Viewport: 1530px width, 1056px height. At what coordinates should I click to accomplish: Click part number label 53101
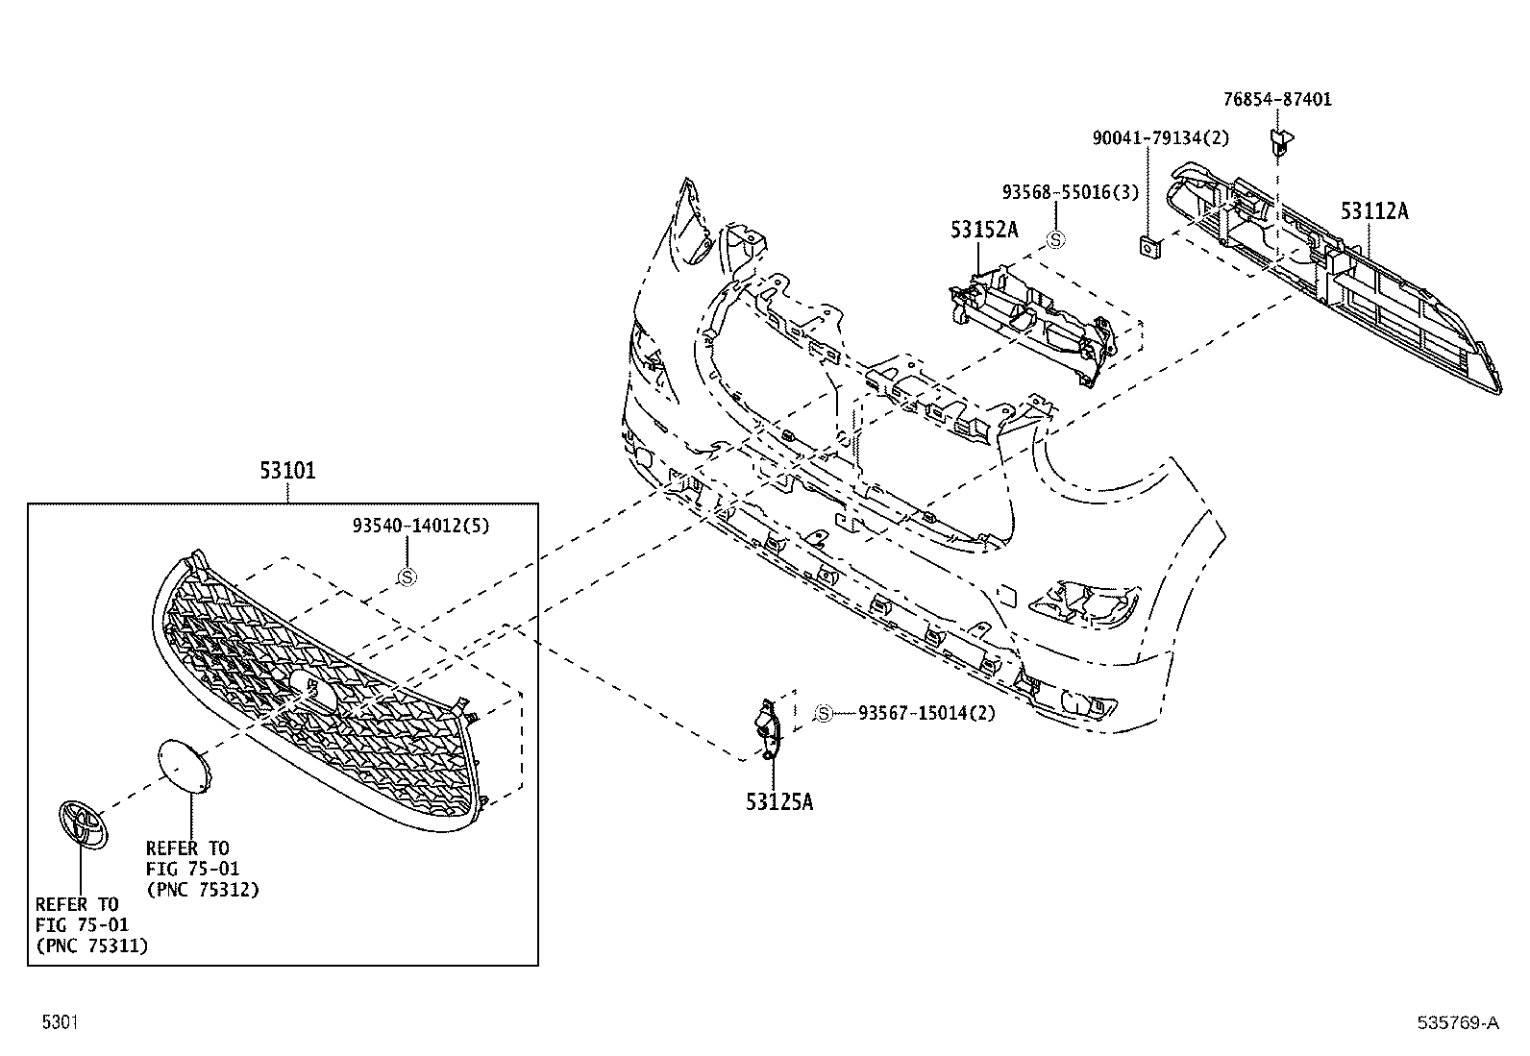click(x=287, y=472)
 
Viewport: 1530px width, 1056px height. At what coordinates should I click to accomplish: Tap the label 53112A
click(x=1374, y=211)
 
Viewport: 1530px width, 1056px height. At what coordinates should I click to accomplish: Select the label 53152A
click(x=984, y=230)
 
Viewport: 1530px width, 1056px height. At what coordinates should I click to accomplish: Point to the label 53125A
click(x=779, y=801)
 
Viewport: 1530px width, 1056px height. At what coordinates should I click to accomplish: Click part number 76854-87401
click(x=1277, y=99)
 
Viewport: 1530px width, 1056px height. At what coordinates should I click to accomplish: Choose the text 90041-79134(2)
click(x=1160, y=138)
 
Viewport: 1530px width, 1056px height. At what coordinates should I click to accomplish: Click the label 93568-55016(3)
click(x=1070, y=192)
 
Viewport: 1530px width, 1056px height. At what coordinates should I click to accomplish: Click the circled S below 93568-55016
click(x=1055, y=239)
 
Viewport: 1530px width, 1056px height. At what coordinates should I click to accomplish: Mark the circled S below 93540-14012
click(x=407, y=577)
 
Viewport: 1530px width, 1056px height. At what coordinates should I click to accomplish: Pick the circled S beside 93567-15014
click(x=824, y=713)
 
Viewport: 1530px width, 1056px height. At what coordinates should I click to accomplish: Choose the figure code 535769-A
click(x=1458, y=1023)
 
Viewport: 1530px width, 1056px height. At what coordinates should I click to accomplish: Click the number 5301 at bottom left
click(x=60, y=1022)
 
